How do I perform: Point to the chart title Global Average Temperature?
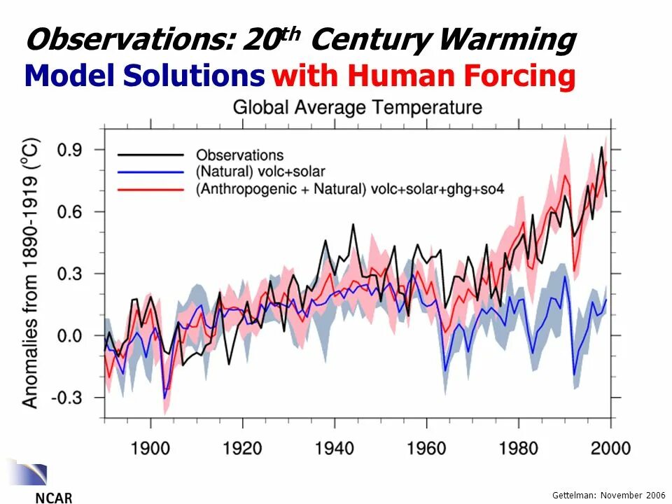pos(357,108)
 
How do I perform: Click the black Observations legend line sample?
pos(150,155)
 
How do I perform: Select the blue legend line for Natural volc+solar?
pos(150,171)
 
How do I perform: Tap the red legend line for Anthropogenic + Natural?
pos(150,188)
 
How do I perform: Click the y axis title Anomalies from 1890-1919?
pos(31,273)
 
